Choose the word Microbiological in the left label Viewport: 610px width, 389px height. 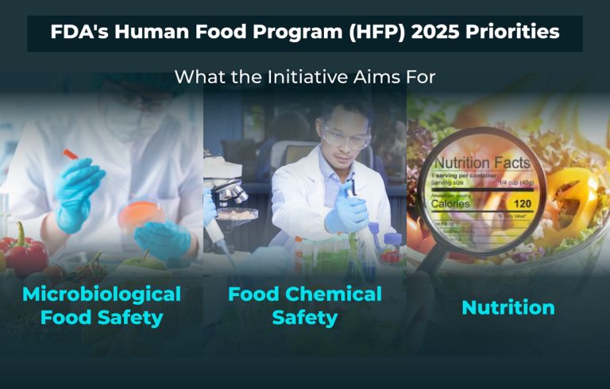[102, 294]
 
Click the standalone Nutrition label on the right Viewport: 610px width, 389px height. [508, 307]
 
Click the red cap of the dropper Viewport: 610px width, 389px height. [70, 154]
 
